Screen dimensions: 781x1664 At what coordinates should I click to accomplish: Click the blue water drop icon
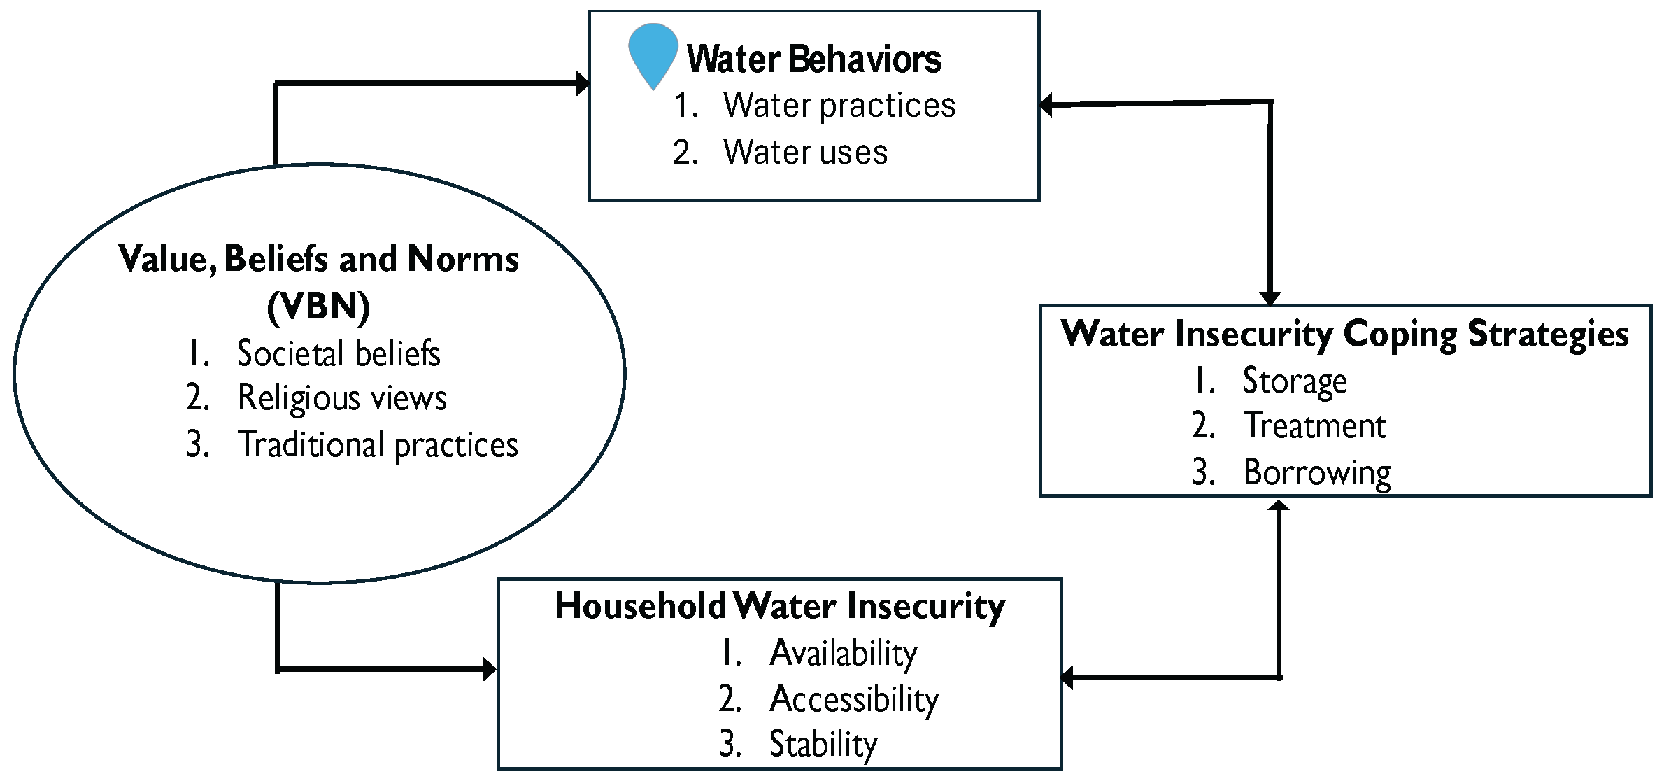(x=652, y=53)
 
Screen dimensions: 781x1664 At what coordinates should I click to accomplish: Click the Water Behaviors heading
(x=813, y=59)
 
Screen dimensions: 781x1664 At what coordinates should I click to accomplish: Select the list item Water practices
(x=839, y=106)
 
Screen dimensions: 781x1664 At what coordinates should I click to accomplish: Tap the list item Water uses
(x=805, y=153)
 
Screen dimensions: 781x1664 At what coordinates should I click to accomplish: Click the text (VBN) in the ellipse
(x=319, y=306)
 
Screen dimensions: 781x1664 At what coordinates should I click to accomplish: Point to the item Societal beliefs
(x=339, y=353)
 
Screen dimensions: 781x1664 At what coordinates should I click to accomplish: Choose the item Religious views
(x=342, y=397)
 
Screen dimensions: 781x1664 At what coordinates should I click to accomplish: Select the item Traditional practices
(x=378, y=444)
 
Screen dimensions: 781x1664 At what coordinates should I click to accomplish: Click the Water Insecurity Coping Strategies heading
(x=1344, y=334)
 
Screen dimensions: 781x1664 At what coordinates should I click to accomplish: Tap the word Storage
(x=1294, y=381)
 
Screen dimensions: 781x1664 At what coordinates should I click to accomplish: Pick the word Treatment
(x=1314, y=426)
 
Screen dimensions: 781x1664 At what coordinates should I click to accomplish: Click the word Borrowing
(x=1316, y=472)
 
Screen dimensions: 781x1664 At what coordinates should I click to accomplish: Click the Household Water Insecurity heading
(x=779, y=606)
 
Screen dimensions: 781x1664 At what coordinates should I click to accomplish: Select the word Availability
(x=843, y=653)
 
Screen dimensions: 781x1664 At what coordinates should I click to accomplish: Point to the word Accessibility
(x=854, y=699)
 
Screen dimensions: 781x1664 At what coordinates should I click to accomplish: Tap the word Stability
(x=823, y=744)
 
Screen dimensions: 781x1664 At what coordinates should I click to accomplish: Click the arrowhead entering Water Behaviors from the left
(x=583, y=84)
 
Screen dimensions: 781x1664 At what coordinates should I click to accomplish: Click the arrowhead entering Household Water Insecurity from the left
(x=490, y=670)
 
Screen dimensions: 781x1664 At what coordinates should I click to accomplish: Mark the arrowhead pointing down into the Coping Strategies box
(x=1270, y=299)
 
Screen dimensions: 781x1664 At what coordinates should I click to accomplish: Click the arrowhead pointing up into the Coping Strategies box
(x=1279, y=505)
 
